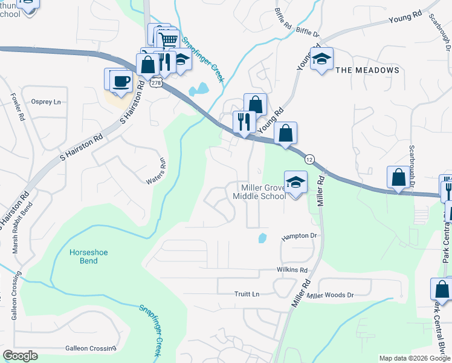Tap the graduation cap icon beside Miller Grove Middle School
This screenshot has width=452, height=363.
(295, 182)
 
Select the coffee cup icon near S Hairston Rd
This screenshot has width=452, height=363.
(121, 80)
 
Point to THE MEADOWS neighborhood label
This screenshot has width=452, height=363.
(367, 70)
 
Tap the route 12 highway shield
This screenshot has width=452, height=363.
(309, 159)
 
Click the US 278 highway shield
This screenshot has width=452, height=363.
(157, 83)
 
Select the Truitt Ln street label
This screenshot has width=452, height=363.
(247, 294)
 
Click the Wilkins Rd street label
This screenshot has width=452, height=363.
(294, 270)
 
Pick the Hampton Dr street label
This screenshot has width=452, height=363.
(299, 237)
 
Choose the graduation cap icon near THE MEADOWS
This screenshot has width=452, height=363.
(322, 59)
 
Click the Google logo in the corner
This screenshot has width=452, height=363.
(20, 356)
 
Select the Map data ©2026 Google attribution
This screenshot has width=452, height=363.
(414, 358)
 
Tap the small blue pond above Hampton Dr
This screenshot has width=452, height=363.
(262, 238)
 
